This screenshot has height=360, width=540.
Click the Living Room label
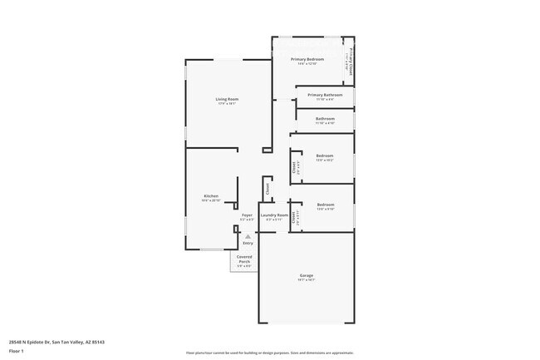(228, 99)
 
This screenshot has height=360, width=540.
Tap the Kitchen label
(211, 196)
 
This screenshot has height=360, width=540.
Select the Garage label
(307, 275)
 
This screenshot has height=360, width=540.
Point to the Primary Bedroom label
(307, 59)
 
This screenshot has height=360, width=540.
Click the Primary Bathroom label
(326, 95)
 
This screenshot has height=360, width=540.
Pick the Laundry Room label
(273, 215)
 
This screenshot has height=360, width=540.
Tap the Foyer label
(247, 215)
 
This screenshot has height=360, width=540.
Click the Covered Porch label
(244, 259)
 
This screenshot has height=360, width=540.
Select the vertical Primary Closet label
(351, 61)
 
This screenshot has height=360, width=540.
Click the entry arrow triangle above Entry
(248, 236)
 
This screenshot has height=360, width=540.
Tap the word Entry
(248, 243)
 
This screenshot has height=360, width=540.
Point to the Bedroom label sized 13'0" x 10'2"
(324, 155)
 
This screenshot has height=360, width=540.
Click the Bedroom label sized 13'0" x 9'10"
(325, 204)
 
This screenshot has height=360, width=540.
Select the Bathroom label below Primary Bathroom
(325, 119)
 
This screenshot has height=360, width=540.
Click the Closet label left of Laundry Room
(268, 189)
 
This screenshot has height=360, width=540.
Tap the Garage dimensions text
(307, 280)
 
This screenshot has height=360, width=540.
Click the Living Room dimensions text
(228, 104)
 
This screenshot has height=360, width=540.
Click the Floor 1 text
(17, 351)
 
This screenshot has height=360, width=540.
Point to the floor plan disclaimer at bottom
(269, 353)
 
